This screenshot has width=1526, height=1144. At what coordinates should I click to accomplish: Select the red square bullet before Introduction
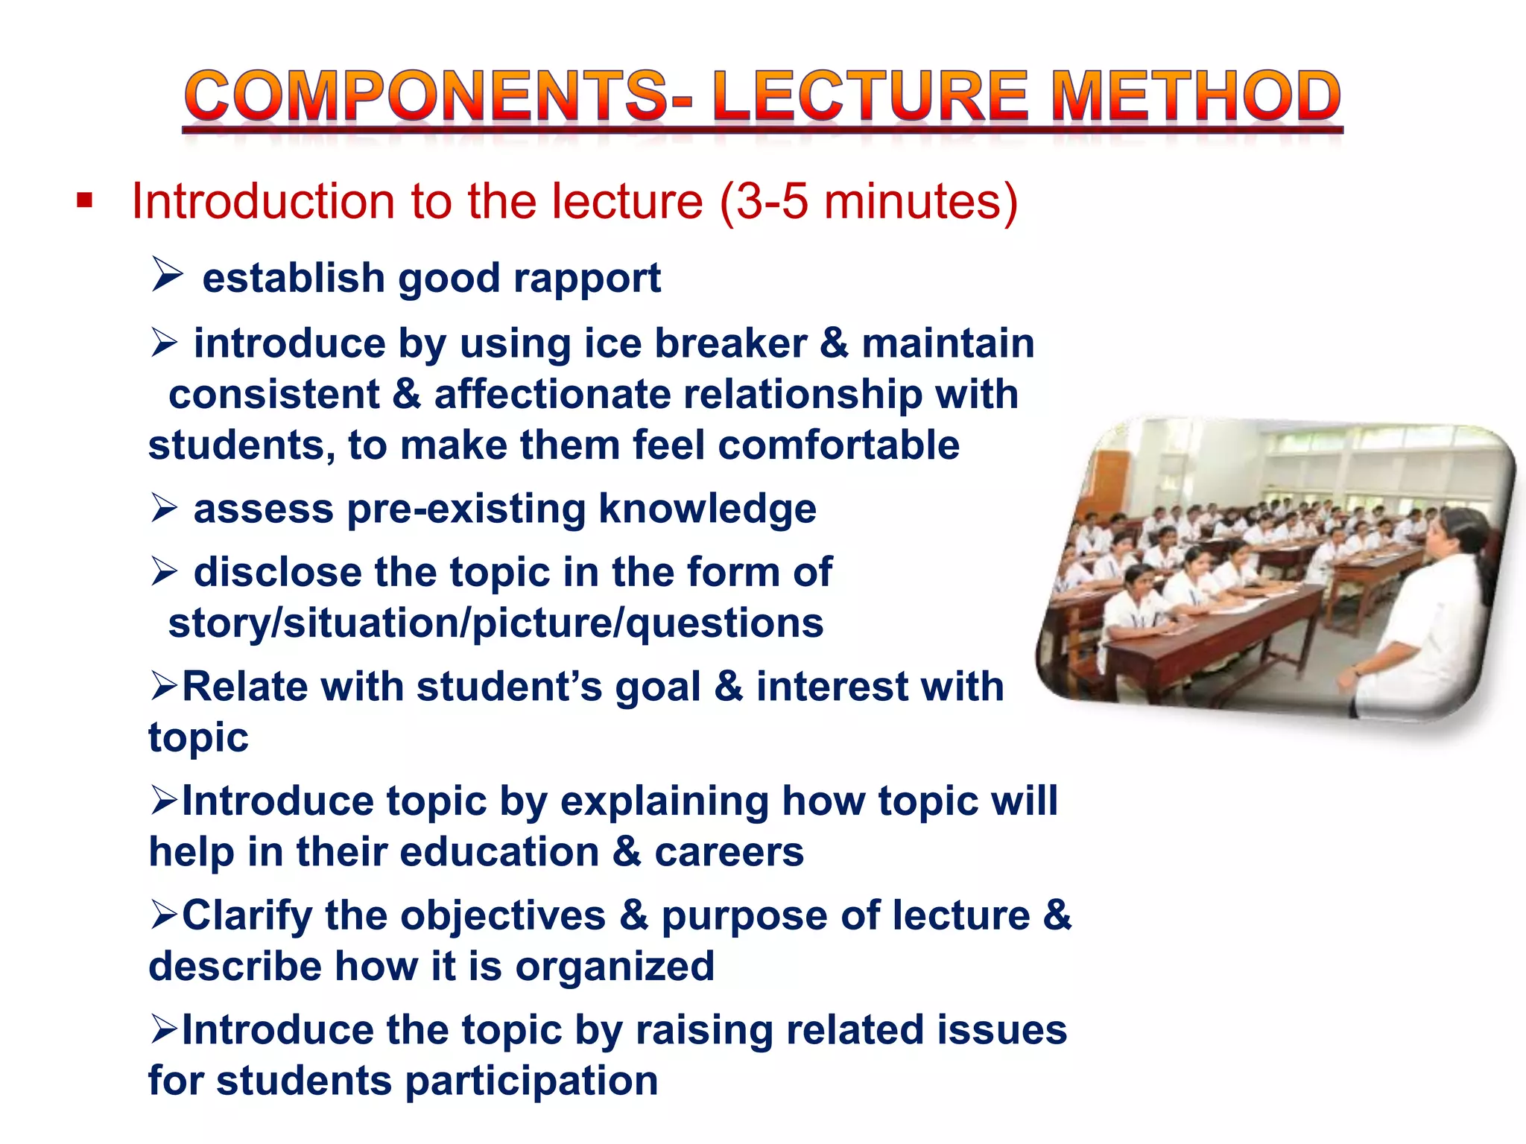84,200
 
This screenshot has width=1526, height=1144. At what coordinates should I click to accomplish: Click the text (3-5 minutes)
869,201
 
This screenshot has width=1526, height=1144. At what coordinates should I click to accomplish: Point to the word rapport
586,279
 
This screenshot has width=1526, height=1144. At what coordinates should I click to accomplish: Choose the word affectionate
552,395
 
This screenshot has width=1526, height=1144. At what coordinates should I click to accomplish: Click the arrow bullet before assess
164,508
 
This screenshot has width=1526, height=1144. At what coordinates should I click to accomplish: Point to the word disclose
277,572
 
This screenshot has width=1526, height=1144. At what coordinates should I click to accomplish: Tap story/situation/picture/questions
496,623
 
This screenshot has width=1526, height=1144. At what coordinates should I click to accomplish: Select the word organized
615,967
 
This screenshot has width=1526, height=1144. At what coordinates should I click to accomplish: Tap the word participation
531,1081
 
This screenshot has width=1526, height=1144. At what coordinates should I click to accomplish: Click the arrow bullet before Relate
164,685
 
